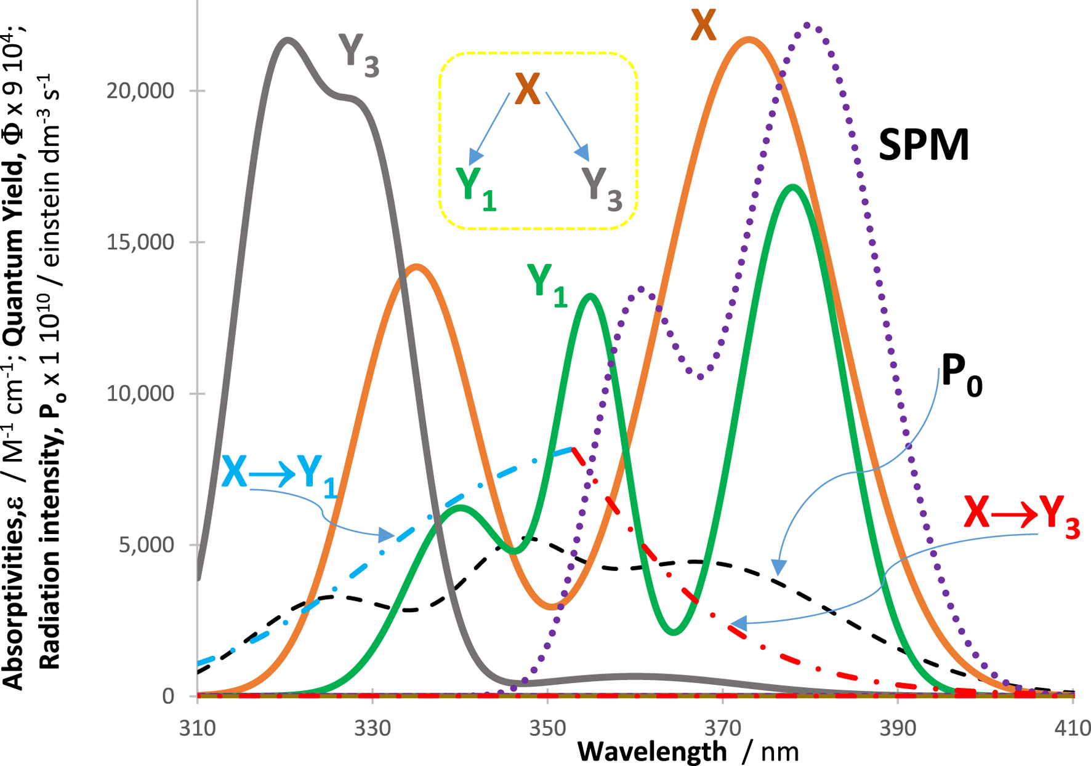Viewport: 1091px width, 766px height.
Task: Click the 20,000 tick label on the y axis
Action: point(140,91)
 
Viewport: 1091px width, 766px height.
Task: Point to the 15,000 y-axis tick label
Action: point(140,242)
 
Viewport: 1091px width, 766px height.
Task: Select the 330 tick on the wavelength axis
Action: point(372,728)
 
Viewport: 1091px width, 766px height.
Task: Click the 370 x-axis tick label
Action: point(722,728)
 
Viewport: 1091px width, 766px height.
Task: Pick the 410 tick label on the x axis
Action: point(1073,728)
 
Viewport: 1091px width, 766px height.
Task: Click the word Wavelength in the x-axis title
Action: point(652,751)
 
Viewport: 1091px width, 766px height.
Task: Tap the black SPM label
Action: point(923,145)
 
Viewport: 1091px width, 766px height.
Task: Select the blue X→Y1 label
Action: point(279,474)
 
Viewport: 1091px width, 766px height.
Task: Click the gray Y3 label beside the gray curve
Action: point(358,55)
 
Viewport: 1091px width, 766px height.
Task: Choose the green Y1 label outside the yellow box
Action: point(547,284)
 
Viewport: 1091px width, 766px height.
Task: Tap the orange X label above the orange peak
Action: point(703,26)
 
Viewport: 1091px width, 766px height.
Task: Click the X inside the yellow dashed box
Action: point(528,90)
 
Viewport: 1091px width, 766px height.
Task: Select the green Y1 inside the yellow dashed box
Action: point(475,188)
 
